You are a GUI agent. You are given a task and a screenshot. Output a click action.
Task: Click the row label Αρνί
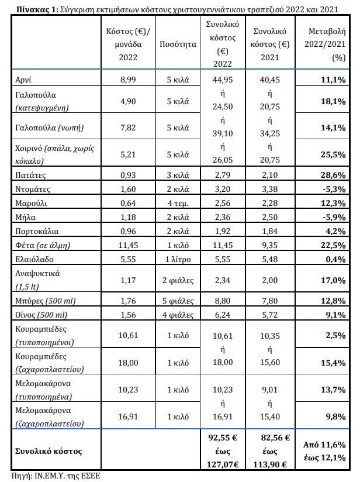(x=23, y=80)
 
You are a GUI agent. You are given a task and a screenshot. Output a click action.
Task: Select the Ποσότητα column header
(x=178, y=44)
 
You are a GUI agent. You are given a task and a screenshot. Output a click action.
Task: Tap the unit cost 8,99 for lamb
(x=128, y=80)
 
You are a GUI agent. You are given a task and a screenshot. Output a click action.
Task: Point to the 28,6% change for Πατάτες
(x=333, y=175)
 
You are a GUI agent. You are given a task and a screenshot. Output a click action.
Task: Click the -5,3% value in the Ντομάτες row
(x=334, y=189)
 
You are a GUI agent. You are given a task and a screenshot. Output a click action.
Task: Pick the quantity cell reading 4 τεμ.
(x=178, y=203)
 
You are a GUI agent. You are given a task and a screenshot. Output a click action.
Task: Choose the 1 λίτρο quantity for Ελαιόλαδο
(x=178, y=260)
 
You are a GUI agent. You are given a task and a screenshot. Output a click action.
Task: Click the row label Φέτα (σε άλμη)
(x=43, y=245)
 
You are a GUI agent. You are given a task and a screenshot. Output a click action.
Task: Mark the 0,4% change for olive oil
(x=335, y=260)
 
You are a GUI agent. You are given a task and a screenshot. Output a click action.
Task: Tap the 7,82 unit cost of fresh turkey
(x=128, y=128)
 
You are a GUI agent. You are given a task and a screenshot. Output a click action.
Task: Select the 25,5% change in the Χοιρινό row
(x=333, y=154)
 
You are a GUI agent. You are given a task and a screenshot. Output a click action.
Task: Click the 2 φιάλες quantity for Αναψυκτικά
(x=178, y=280)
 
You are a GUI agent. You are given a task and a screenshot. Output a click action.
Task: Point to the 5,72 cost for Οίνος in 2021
(x=269, y=315)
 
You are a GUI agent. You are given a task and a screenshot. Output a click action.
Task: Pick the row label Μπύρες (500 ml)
(x=46, y=301)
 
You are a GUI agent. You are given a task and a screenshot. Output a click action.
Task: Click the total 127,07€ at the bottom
(x=223, y=464)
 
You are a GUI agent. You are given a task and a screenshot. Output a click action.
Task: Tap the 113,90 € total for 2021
(x=269, y=464)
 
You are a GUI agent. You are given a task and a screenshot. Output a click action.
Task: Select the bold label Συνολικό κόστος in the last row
(x=49, y=451)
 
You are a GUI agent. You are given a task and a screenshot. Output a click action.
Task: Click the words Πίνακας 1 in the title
(x=37, y=9)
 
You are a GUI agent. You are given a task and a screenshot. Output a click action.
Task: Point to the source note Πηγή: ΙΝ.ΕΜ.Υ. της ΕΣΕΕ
(x=56, y=476)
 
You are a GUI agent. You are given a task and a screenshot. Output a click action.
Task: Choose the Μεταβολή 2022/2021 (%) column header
(x=325, y=44)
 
